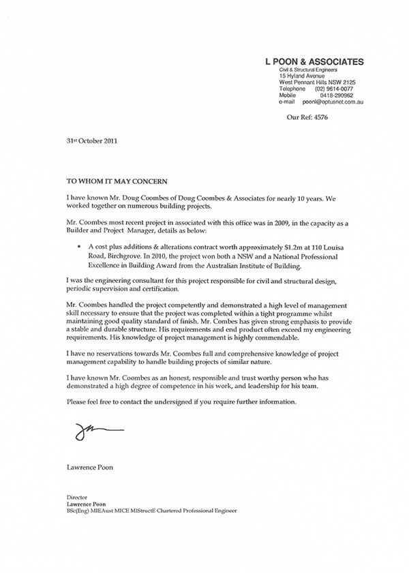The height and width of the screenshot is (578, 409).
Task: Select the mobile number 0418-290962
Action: [x=334, y=95]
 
